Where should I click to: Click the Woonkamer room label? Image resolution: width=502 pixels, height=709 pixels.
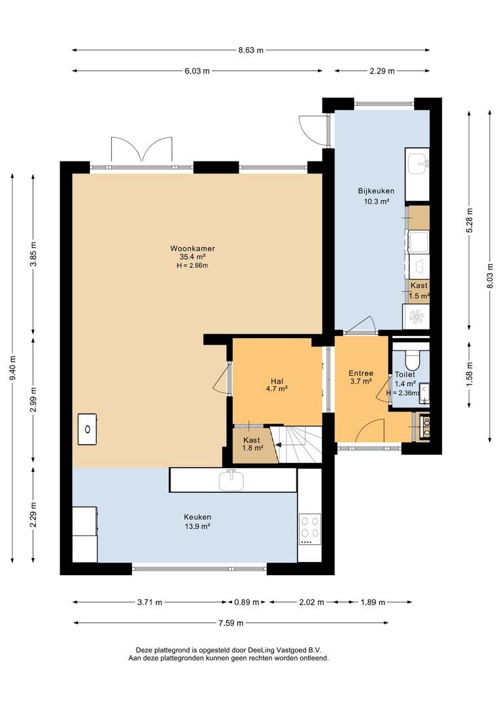point(193,248)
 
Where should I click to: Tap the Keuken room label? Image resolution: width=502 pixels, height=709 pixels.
point(197,517)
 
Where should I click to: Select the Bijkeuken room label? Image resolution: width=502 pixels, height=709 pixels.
point(376,191)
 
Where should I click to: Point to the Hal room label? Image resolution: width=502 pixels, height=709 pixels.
point(277,381)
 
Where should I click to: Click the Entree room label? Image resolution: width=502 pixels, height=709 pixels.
point(361,373)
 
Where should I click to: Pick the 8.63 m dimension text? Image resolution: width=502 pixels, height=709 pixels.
point(251,50)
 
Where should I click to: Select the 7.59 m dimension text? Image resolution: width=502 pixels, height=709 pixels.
point(231,623)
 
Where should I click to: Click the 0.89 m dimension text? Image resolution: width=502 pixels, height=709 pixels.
point(246,602)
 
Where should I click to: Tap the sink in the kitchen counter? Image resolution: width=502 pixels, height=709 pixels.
point(232,480)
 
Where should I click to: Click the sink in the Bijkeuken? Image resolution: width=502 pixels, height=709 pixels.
point(418,163)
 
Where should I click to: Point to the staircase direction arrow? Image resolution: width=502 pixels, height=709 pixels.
point(280,445)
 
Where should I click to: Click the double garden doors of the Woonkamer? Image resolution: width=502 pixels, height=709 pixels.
point(141,150)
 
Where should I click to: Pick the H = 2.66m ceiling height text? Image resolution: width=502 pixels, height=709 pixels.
point(193,265)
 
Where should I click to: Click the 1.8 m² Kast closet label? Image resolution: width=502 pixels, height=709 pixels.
point(252,448)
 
